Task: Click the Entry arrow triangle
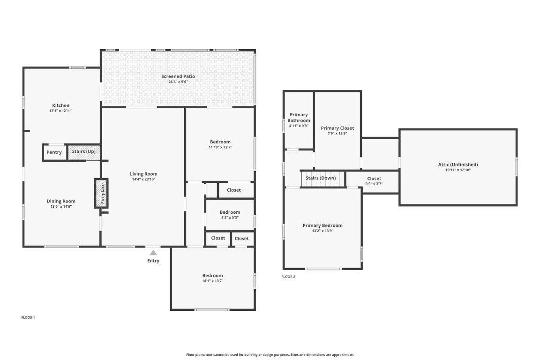click(153, 253)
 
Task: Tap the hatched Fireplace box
click(102, 193)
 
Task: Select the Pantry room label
click(54, 152)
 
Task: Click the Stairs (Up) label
click(84, 152)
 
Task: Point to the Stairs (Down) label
click(321, 178)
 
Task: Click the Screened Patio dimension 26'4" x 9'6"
click(178, 82)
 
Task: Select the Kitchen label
click(61, 105)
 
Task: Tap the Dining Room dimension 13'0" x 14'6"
click(61, 206)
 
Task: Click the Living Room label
click(143, 174)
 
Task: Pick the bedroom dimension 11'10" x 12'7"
click(220, 147)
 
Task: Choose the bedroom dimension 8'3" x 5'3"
click(230, 217)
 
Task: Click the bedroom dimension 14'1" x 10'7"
click(212, 281)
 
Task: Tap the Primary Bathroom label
click(299, 118)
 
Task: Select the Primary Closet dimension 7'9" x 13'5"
click(337, 134)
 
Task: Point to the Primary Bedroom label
click(322, 225)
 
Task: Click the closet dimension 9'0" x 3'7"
click(374, 184)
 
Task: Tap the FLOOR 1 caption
click(28, 317)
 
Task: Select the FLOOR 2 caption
click(288, 277)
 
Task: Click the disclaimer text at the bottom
click(270, 355)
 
